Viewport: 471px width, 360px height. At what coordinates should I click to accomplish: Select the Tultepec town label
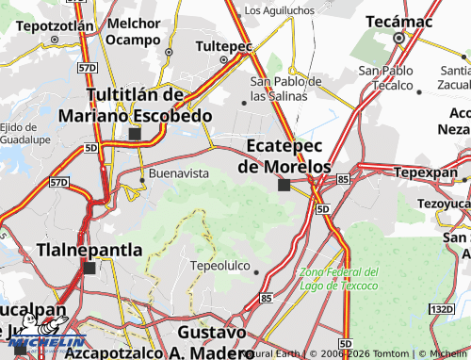[x=223, y=45]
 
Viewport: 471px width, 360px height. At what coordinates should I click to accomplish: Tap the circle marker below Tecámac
[x=398, y=39]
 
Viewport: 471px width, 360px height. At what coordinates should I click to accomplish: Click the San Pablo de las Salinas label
[x=285, y=89]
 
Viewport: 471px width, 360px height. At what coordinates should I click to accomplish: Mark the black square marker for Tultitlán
[x=135, y=135]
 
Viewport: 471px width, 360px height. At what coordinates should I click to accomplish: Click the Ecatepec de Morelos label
[x=284, y=155]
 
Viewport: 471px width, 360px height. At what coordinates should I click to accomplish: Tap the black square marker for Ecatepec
[x=284, y=185]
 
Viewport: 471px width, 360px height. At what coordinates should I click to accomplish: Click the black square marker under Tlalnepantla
[x=89, y=269]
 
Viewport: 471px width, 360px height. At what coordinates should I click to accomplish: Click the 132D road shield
[x=443, y=309]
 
